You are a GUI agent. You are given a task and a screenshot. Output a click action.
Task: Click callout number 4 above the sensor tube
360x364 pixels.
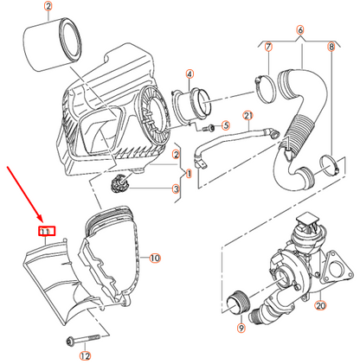[190, 74]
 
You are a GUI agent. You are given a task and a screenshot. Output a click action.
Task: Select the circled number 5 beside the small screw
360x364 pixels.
[226, 125]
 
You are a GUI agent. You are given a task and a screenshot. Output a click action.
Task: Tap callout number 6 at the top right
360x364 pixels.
[300, 29]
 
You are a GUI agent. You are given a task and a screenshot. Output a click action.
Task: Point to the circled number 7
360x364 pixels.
[268, 47]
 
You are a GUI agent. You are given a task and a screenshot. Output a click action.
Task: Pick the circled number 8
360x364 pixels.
[331, 47]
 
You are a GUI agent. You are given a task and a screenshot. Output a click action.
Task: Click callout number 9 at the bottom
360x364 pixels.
[241, 328]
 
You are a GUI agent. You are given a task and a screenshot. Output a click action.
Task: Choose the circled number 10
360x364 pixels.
[155, 258]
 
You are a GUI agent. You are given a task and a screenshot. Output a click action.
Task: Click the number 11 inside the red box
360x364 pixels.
[47, 231]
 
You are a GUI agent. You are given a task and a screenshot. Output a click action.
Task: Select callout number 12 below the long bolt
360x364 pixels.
[85, 356]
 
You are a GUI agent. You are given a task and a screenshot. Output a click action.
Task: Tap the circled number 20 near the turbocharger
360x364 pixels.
[320, 305]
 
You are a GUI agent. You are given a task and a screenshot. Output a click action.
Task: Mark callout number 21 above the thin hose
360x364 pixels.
[248, 116]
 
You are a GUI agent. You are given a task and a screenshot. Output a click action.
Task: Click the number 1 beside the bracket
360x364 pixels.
[189, 174]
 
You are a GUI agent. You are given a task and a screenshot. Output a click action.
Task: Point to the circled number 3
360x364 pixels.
[176, 189]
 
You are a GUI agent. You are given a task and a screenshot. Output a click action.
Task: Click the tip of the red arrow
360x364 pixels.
[42, 223]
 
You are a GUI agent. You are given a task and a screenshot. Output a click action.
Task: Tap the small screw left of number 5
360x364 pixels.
[209, 128]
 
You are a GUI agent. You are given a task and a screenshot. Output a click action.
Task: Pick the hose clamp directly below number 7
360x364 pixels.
[265, 88]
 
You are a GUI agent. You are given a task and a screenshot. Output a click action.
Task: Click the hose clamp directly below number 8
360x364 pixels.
[331, 165]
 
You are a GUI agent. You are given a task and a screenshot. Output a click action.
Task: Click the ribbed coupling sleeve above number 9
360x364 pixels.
[239, 302]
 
